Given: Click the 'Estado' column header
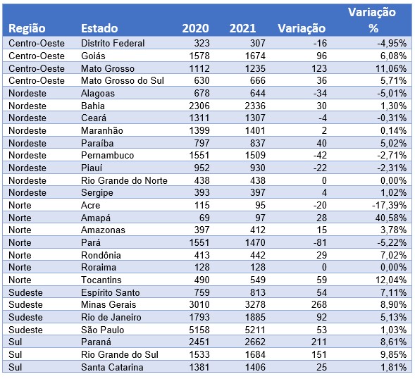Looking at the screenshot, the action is tap(99, 28).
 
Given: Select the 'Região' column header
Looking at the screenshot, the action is tap(27, 29).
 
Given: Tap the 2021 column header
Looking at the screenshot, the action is tap(242, 28).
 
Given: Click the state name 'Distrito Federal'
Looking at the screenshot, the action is tap(113, 43).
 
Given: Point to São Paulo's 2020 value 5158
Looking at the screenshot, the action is tap(199, 330).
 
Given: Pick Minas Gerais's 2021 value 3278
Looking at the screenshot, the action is tap(255, 304).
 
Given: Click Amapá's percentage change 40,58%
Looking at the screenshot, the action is tap(390, 218).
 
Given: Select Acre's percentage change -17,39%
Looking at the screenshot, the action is tap(389, 205).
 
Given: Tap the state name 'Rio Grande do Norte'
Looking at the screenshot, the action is tap(124, 180).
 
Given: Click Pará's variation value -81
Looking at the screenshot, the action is tap(320, 242).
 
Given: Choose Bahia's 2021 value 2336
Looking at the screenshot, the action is tap(255, 106).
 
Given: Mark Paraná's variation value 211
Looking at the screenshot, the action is tap(319, 342).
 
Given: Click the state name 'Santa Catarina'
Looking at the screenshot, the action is tap(112, 367).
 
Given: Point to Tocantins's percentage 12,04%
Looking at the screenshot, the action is tap(391, 280).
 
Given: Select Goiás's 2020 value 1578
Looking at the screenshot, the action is tap(199, 56).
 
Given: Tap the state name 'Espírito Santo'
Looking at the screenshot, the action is tap(110, 292).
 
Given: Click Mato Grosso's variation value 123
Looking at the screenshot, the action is tap(319, 68).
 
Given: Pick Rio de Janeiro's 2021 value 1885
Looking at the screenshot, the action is tap(255, 317).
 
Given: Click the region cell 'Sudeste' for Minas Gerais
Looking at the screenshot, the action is tap(25, 304).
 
